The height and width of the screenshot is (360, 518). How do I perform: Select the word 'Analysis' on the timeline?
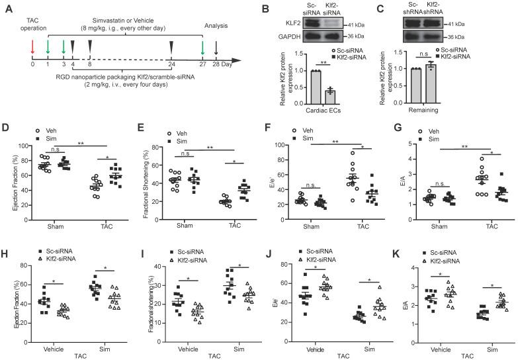click(216, 26)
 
